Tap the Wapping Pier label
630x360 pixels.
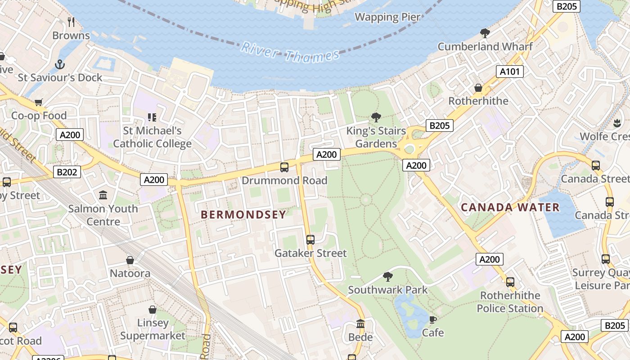tap(387, 17)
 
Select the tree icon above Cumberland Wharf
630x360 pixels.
tap(485, 33)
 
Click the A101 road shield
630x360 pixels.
tap(510, 72)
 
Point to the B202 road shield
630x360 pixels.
tap(68, 171)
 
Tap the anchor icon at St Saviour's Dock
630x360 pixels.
tap(60, 64)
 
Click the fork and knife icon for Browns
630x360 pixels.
tap(71, 22)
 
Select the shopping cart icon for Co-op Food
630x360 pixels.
tap(38, 103)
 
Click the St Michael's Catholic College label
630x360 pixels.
tap(152, 137)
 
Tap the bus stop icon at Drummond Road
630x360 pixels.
tap(284, 167)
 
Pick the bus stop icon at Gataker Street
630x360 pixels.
tap(310, 239)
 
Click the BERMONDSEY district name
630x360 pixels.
tap(243, 215)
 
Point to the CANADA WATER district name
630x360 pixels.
tap(510, 207)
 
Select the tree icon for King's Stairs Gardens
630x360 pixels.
tap(376, 118)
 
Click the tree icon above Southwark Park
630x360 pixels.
tap(387, 277)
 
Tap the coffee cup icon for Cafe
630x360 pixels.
tap(432, 319)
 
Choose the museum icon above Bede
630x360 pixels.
tap(360, 324)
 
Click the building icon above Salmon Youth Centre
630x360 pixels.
tap(103, 195)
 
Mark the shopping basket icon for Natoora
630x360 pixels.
tap(130, 260)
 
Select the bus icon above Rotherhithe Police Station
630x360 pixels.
tap(510, 282)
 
